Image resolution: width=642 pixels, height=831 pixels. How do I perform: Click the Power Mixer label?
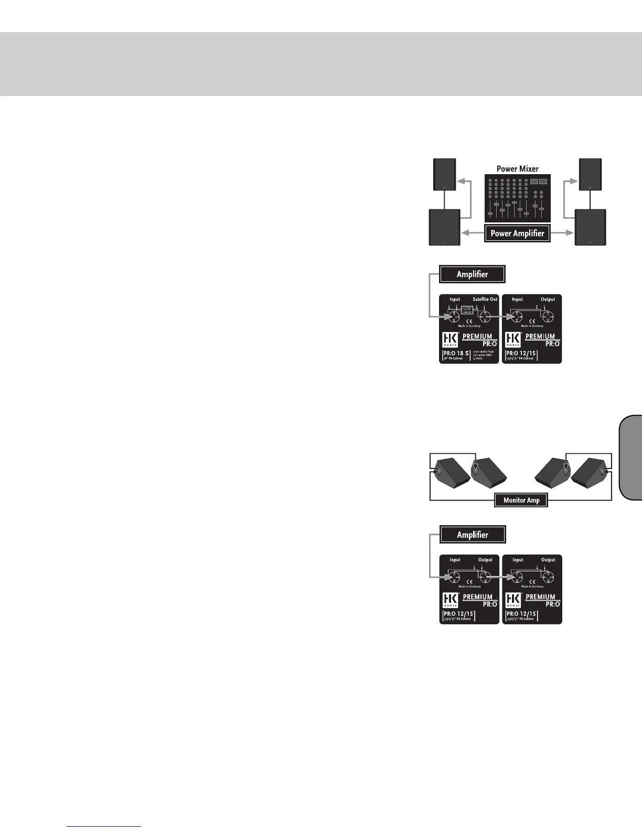(517, 169)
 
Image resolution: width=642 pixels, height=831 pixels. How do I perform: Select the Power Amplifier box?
(517, 233)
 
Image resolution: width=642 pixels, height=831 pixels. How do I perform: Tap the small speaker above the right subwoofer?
(590, 175)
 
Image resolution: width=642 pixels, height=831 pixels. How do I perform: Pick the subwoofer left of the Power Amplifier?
(445, 227)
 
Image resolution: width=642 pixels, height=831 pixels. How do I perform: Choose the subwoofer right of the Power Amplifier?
(591, 227)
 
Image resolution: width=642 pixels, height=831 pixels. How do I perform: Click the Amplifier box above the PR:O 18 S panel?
(472, 274)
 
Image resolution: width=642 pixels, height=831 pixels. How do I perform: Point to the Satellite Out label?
(485, 300)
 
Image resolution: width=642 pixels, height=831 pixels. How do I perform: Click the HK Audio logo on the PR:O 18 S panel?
(450, 339)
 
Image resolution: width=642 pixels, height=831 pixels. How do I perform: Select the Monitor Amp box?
(521, 500)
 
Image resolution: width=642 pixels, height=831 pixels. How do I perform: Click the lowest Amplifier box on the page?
(472, 535)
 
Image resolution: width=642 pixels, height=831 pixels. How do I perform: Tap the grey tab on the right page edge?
(630, 456)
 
